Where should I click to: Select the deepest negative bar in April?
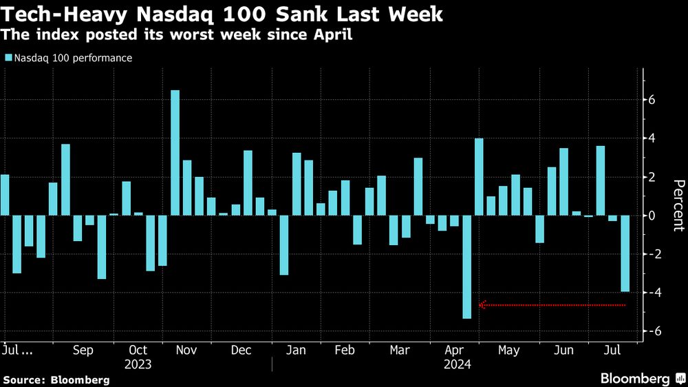pos(466,267)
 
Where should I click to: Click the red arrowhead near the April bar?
pos(482,304)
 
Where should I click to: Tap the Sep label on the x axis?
pos(83,351)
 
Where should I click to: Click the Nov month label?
pos(187,351)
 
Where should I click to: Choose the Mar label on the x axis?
pos(400,351)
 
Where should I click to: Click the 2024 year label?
pos(457,364)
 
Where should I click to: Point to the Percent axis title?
pos(678,205)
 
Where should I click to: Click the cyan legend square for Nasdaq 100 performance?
pos(8,59)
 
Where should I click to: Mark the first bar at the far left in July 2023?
pos(4,195)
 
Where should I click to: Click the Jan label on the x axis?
pos(295,351)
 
